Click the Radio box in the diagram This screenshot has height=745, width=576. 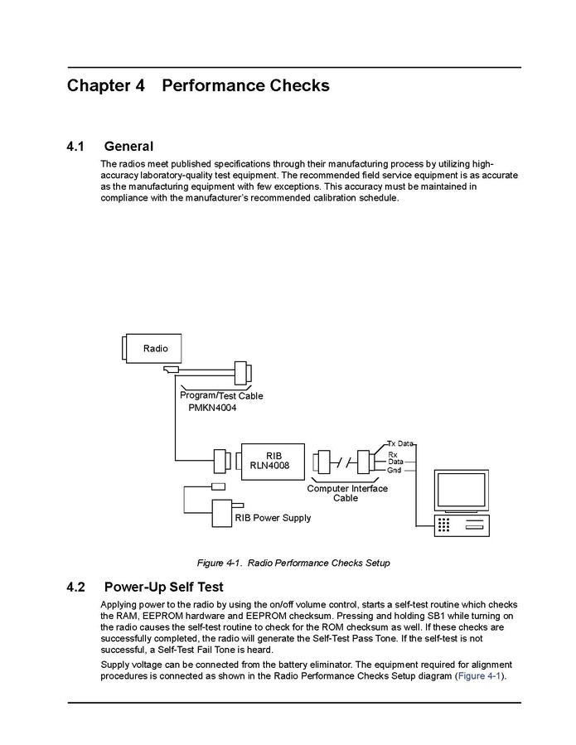(x=155, y=349)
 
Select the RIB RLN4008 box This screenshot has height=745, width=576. (x=273, y=460)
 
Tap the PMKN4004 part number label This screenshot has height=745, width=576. (x=213, y=409)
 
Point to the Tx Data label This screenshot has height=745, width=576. (x=399, y=444)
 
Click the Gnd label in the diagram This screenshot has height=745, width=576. (x=394, y=470)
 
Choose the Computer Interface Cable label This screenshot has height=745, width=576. (x=346, y=493)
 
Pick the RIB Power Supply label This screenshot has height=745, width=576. (x=273, y=518)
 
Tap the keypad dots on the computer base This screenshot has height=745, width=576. (x=444, y=525)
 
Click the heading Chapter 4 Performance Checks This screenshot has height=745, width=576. (x=198, y=86)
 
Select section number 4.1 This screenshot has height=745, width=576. (x=75, y=147)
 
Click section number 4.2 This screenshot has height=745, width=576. (x=75, y=588)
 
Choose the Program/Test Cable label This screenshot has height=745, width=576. (x=221, y=396)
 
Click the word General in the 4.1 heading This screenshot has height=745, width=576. (x=128, y=147)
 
